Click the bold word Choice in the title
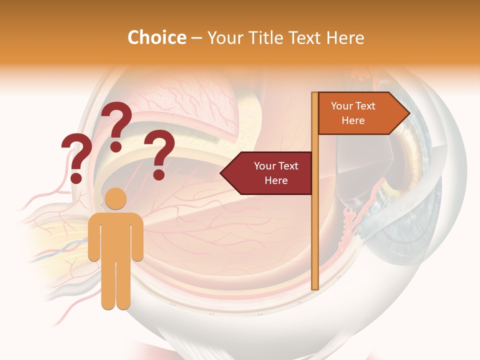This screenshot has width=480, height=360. pos(156,37)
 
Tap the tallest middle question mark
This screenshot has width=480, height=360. pos(116,122)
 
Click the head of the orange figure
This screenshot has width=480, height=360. pos(116,199)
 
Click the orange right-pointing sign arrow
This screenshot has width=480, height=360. pos(360,113)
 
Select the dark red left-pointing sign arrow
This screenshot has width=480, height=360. pos(270,173)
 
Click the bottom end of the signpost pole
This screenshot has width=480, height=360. pos(315,287)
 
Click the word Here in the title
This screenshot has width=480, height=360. pos(345,37)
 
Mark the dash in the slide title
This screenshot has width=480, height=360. pos(196,38)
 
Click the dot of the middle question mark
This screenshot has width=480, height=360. pos(116,146)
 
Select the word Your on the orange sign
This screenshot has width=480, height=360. pos(341,106)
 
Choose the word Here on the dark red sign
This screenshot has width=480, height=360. pos(276,180)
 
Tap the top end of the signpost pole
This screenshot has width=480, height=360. pos(315,94)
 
